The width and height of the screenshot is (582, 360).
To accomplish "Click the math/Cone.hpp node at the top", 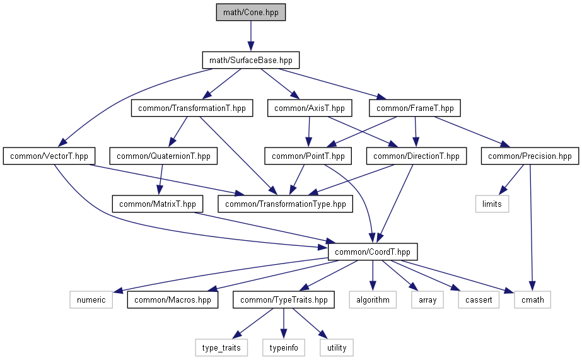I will pos(250,12).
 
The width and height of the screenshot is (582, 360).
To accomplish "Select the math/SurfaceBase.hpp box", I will pos(250,61).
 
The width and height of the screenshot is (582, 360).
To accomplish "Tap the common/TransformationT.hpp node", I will pos(192,108).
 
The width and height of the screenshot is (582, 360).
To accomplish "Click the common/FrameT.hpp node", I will pos(415,108).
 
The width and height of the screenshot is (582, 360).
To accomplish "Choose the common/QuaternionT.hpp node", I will pos(163,156).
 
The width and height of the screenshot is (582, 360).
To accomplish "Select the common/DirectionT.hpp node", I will pos(416,156).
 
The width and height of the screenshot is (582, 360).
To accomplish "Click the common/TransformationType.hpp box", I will pos(285,204).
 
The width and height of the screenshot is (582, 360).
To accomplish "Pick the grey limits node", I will pos(492,204).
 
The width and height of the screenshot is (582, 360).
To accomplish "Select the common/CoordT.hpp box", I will pos(373,252).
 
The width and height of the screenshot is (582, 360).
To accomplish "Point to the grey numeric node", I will pos(91,299).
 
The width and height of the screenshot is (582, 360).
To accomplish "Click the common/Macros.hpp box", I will pos(173,299).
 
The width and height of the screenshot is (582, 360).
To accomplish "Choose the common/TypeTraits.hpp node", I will pos(284,299).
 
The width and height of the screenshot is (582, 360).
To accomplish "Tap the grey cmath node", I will pos(532,299).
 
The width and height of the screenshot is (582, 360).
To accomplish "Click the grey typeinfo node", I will pos(283,347).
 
